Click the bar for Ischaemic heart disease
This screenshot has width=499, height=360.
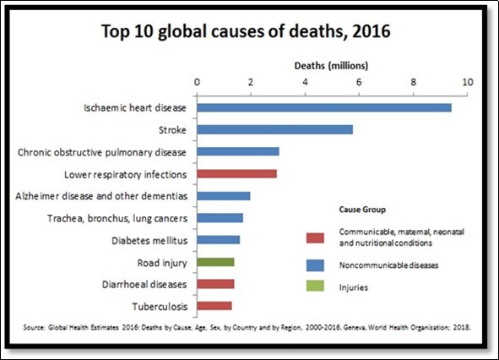point(324,107)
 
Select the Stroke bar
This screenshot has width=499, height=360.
point(275,129)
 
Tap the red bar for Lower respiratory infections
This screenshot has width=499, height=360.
point(237,173)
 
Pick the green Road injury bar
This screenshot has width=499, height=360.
point(215,262)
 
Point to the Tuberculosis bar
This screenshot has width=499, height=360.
point(214,306)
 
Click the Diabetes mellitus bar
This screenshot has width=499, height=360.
point(219,240)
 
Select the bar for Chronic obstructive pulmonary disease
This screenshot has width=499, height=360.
point(238,151)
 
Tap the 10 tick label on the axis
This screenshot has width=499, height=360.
point(467,82)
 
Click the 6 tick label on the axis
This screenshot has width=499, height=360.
point(359,82)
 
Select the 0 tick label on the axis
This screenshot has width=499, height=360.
point(198,82)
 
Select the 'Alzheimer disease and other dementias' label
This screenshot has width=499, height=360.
point(103,195)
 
